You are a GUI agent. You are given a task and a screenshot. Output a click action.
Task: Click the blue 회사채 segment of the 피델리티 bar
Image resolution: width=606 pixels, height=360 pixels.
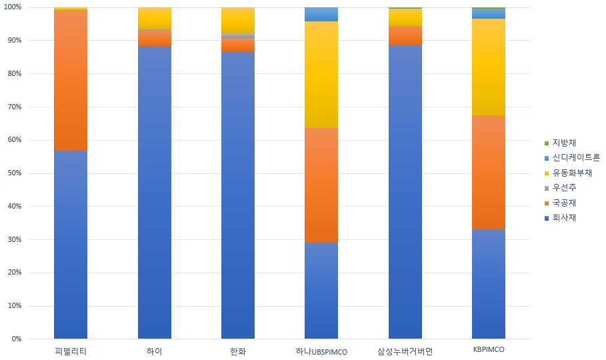coord(71,245)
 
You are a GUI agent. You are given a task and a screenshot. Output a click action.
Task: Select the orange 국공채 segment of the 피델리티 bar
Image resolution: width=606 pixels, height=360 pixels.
coord(71,80)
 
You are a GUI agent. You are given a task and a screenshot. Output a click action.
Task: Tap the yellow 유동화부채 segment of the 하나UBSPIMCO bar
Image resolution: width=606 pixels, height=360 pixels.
coord(321,74)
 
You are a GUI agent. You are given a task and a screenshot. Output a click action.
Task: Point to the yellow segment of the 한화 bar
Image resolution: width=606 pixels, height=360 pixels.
coord(238,20)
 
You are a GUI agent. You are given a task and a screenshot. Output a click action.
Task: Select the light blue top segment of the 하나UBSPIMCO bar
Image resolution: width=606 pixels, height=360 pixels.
coord(321,14)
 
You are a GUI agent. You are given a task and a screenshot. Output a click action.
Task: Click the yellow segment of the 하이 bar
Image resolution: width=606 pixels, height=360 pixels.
coord(155,18)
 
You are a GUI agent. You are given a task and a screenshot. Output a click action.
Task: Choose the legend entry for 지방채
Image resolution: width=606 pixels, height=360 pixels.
coord(564,143)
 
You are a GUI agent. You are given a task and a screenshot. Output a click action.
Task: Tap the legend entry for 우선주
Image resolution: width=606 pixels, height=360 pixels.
coord(564,188)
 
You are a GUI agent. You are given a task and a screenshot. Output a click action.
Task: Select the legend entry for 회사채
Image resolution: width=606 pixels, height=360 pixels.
coord(564,217)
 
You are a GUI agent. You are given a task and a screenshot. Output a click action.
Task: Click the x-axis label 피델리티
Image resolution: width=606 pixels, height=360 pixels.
coord(71,351)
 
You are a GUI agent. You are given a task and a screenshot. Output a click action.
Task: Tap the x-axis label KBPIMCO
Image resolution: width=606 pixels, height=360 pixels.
coord(488,350)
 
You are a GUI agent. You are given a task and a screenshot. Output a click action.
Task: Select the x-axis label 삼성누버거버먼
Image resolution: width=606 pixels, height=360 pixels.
coord(405,351)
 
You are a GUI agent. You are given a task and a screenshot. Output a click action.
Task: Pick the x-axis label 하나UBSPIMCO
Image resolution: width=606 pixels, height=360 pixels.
coord(321,351)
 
